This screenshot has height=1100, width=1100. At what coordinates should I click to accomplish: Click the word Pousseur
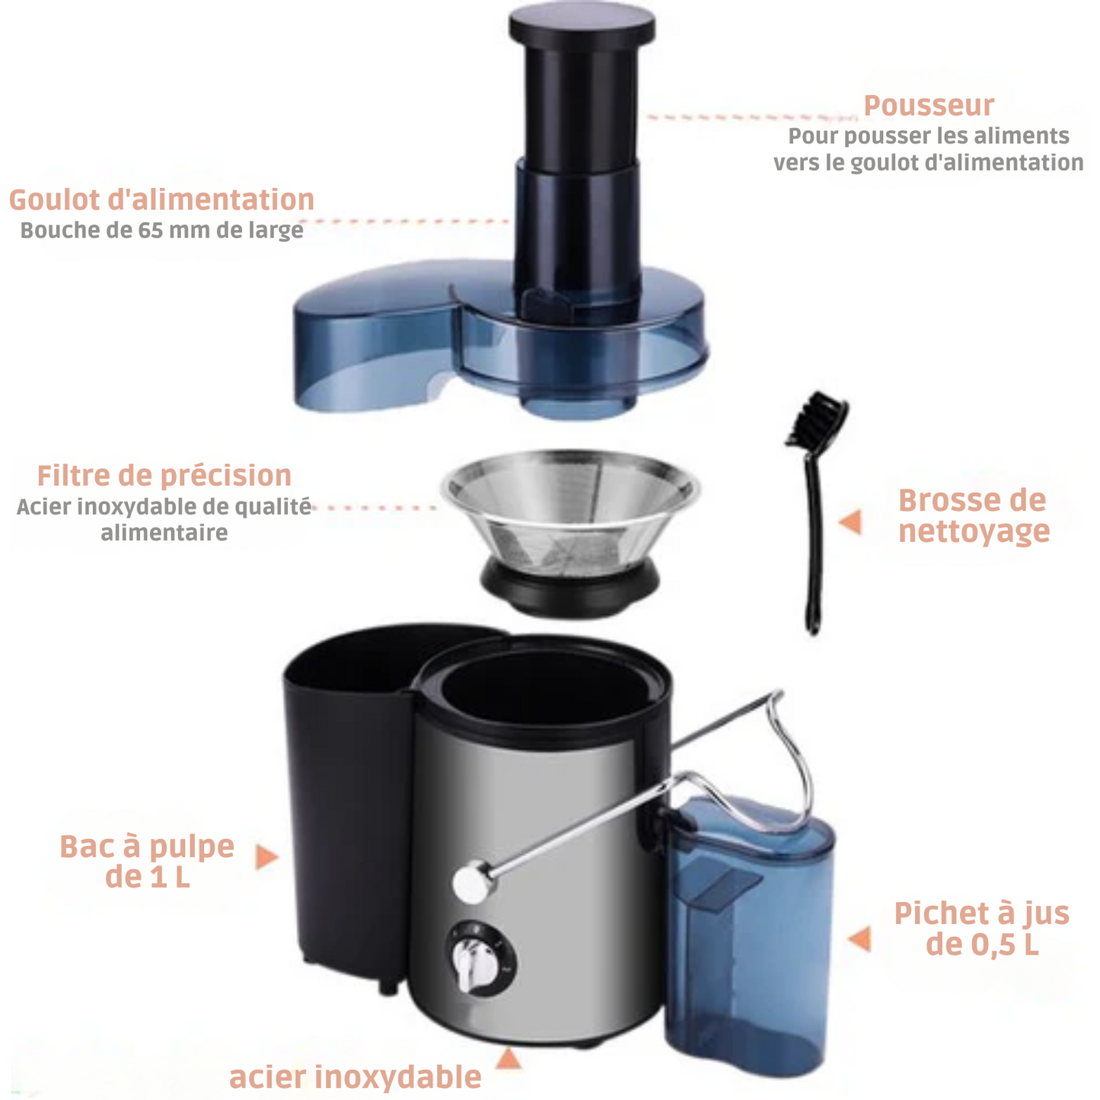[928, 106]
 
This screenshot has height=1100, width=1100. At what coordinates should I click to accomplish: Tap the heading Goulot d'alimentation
[161, 199]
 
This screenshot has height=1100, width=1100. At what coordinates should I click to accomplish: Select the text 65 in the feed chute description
[151, 231]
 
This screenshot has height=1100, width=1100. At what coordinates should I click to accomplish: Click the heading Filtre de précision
[164, 475]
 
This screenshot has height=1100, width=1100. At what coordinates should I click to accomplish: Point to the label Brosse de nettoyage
[973, 515]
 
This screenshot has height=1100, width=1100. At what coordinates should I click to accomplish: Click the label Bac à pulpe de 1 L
[147, 861]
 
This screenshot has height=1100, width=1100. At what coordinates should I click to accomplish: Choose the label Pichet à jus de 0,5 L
[981, 928]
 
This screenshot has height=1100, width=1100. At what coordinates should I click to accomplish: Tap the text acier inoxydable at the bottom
[355, 1076]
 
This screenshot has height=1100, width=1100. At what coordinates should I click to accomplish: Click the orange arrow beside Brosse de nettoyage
[850, 522]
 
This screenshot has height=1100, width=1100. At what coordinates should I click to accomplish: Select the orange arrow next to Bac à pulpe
[266, 856]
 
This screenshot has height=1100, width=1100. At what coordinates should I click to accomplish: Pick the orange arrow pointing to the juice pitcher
[859, 938]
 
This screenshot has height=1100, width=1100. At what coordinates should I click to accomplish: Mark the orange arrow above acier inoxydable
[508, 1058]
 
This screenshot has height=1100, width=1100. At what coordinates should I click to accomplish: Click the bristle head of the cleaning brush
[818, 416]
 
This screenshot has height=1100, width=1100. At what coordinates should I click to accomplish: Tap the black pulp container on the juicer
[346, 799]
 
